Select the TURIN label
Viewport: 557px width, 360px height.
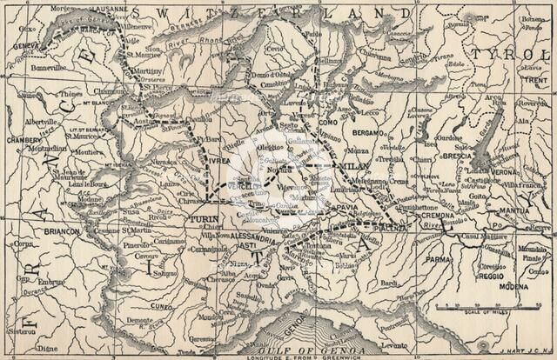[x=204, y=220]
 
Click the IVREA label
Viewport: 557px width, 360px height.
[x=217, y=162]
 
